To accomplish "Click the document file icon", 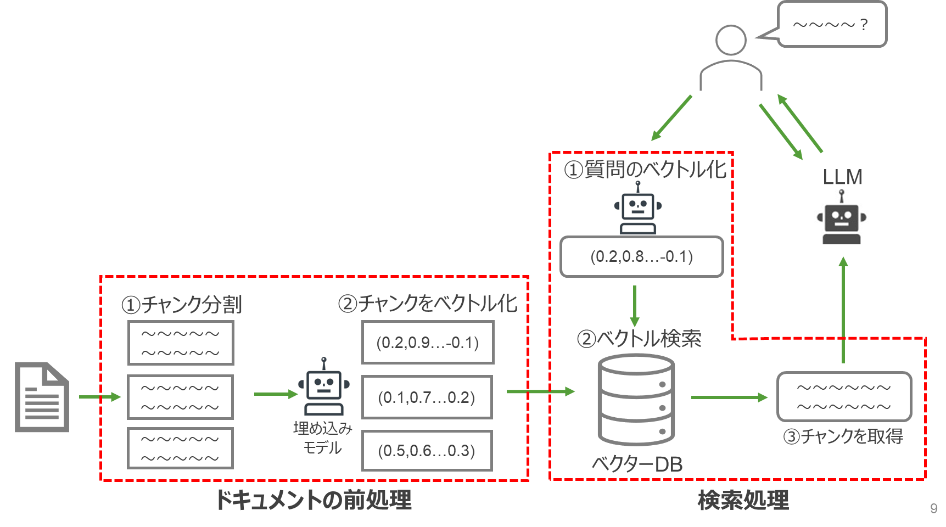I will pyautogui.click(x=42, y=397).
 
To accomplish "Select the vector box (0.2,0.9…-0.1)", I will pyautogui.click(x=428, y=343).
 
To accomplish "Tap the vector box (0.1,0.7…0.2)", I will pyautogui.click(x=427, y=397).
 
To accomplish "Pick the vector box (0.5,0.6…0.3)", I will pyautogui.click(x=427, y=451).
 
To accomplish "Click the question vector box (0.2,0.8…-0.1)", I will pyautogui.click(x=641, y=256).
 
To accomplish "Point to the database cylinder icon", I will pyautogui.click(x=636, y=399).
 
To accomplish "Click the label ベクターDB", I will pyautogui.click(x=637, y=464).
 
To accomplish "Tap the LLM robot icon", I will pyautogui.click(x=841, y=217).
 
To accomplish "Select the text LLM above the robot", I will pyautogui.click(x=842, y=177).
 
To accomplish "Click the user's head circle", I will pyautogui.click(x=731, y=40).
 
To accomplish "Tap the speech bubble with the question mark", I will pyautogui.click(x=832, y=24).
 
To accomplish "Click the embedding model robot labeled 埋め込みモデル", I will pyautogui.click(x=323, y=386).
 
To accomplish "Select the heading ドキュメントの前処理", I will pyautogui.click(x=313, y=500).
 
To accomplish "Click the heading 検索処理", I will pyautogui.click(x=743, y=500).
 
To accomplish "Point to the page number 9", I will pyautogui.click(x=933, y=508).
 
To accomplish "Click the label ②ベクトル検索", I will pyautogui.click(x=639, y=339).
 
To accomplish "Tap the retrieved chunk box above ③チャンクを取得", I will pyautogui.click(x=844, y=397).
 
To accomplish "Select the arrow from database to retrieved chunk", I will pyautogui.click(x=729, y=397).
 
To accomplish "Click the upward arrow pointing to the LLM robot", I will pyautogui.click(x=843, y=310).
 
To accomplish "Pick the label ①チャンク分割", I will pyautogui.click(x=182, y=305).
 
